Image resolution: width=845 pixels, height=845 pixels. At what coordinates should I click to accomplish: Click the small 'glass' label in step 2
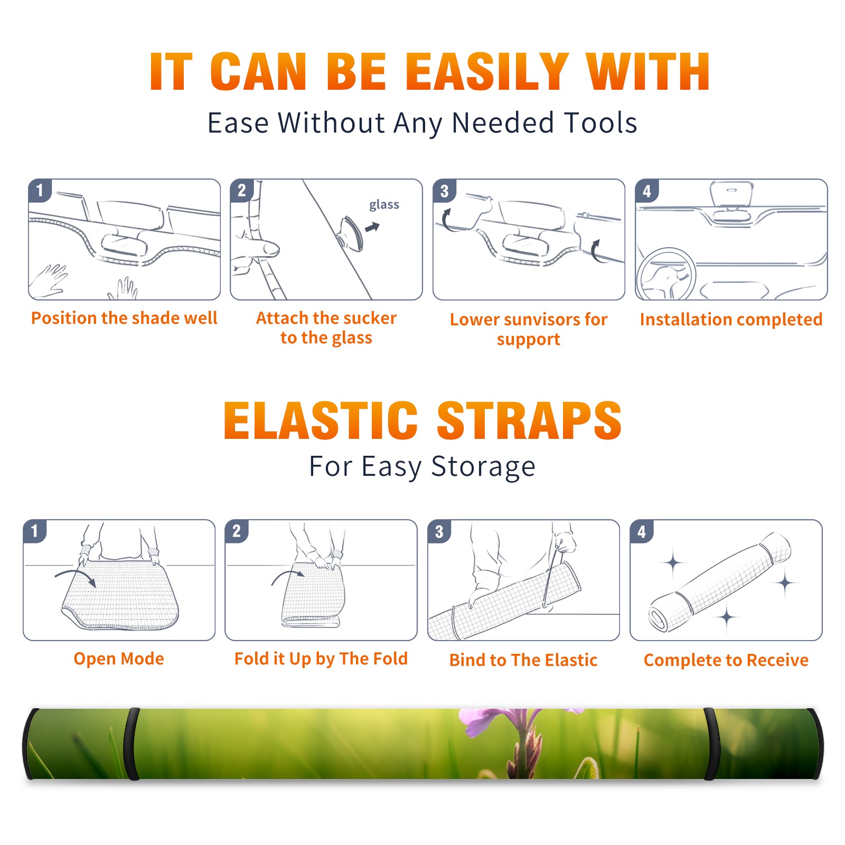click(x=384, y=205)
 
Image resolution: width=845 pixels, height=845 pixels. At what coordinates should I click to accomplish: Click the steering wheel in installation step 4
click(x=666, y=274)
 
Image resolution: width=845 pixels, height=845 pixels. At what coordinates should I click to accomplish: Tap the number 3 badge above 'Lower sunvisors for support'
click(x=445, y=191)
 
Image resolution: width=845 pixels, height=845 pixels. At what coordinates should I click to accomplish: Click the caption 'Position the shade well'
click(x=124, y=318)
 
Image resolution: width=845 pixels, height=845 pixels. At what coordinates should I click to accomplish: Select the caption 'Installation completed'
click(x=731, y=320)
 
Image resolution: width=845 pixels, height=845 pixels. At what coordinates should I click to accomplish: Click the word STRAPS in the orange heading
click(x=529, y=420)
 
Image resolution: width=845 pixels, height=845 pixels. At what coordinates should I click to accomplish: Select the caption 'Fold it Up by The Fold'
click(x=321, y=659)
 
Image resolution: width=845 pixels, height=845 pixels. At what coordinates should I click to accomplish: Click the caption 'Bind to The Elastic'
click(x=523, y=660)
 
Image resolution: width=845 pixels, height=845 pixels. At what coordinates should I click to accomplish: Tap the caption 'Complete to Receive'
click(x=726, y=660)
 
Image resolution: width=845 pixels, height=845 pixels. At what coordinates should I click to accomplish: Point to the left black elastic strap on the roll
click(x=132, y=744)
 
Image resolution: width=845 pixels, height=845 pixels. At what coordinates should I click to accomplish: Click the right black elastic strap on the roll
click(x=711, y=744)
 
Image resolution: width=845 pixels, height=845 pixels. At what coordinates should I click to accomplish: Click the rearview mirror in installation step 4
click(x=731, y=194)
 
